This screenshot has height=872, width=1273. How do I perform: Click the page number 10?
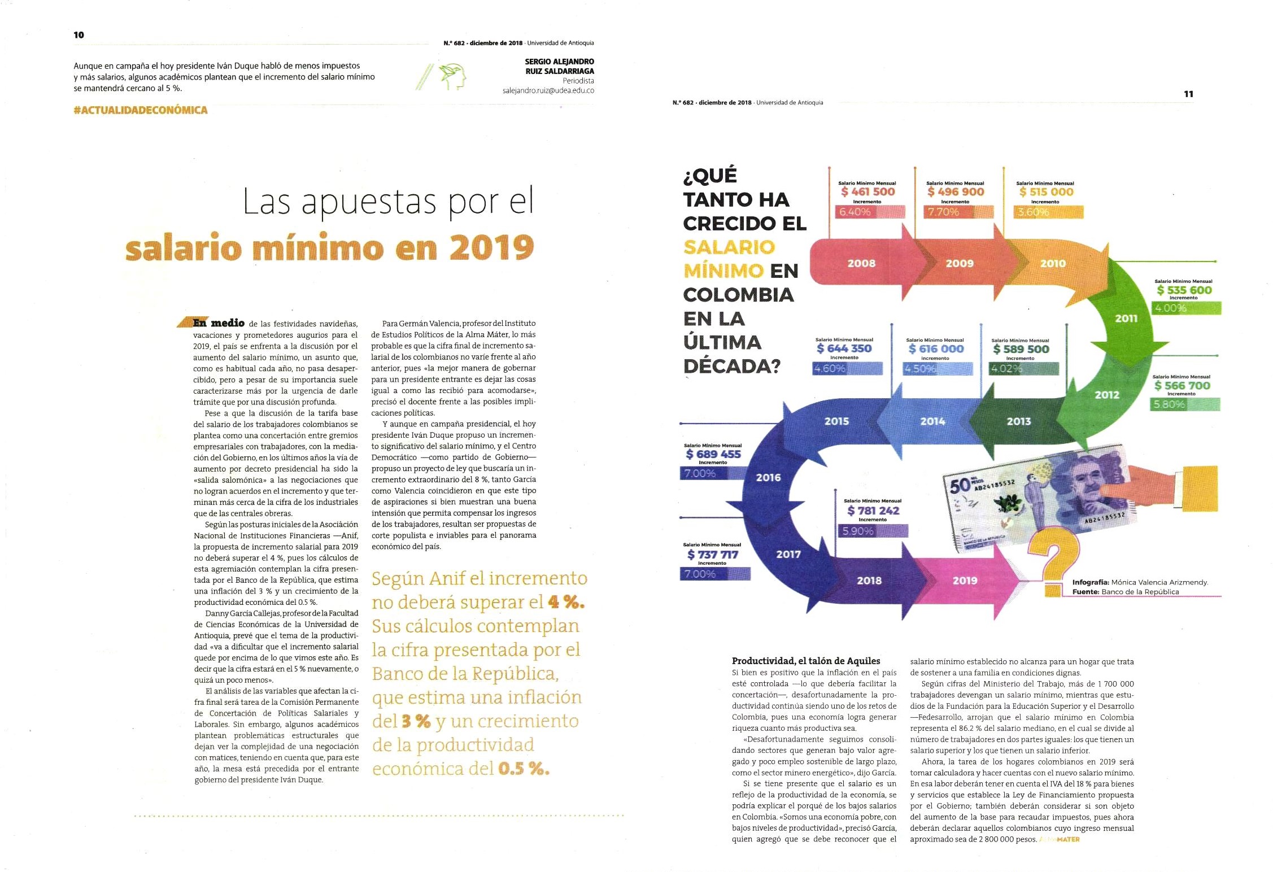pos(79,35)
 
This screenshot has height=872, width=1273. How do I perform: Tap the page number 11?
pos(1188,94)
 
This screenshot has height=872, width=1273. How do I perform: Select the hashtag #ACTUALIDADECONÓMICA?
pos(141,110)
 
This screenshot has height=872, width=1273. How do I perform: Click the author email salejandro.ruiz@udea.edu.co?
pos(548,90)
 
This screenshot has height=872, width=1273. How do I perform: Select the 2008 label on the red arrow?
pos(861,263)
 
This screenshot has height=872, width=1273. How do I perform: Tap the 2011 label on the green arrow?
pos(1126,319)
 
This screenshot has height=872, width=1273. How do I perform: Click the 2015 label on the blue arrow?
pos(836,421)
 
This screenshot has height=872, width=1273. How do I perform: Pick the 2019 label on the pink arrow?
pos(965,581)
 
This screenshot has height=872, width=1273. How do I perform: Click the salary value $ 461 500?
pos(867,192)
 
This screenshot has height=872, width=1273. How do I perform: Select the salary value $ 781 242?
pos(873,511)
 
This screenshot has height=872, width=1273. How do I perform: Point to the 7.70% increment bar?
pos(958,212)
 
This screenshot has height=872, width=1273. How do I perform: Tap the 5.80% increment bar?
pos(1185,404)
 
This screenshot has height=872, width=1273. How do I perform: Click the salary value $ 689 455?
pos(713,454)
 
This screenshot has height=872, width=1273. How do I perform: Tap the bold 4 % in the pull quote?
pos(566,603)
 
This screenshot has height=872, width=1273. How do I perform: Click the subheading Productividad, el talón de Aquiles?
pos(806,661)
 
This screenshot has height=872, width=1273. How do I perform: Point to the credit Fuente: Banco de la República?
pos(1126,592)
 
